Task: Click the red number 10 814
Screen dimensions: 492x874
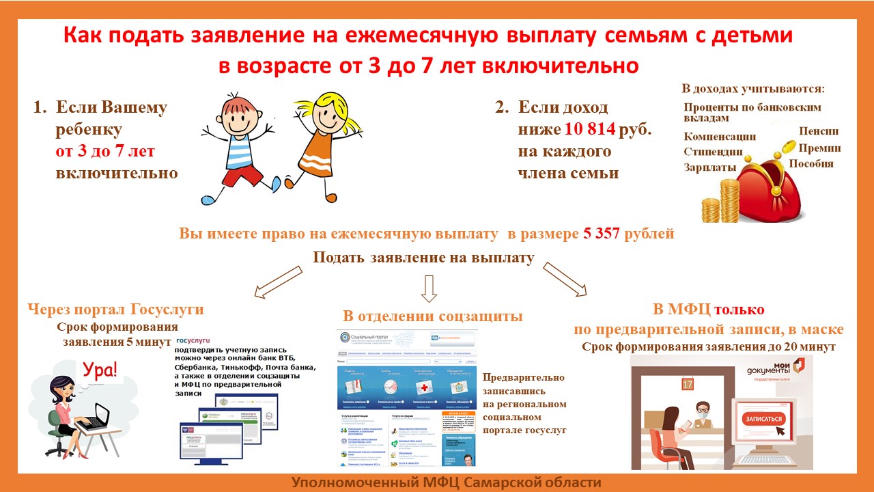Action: [591, 129]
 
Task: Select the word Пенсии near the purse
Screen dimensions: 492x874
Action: [819, 131]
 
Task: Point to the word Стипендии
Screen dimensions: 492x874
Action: [713, 152]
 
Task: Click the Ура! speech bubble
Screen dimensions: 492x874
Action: [100, 371]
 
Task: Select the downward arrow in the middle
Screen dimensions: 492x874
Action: [428, 288]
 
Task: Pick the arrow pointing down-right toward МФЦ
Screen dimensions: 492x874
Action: [565, 279]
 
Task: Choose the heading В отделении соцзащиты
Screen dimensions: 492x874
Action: [433, 316]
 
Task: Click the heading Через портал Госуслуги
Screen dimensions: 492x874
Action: [116, 310]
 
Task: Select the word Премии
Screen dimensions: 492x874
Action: [819, 148]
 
